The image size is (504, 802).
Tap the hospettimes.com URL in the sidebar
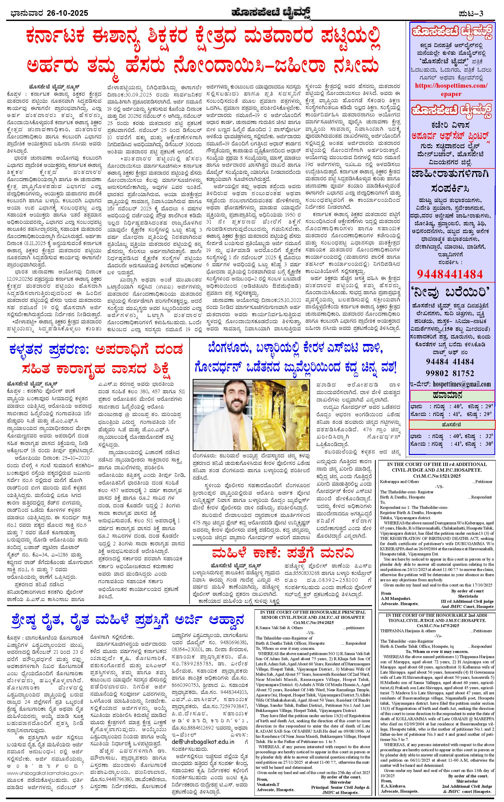click(x=452, y=86)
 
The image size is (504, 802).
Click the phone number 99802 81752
click(x=449, y=373)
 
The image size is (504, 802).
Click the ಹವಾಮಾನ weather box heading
click(x=452, y=395)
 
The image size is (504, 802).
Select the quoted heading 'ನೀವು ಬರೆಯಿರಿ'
click(x=452, y=293)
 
